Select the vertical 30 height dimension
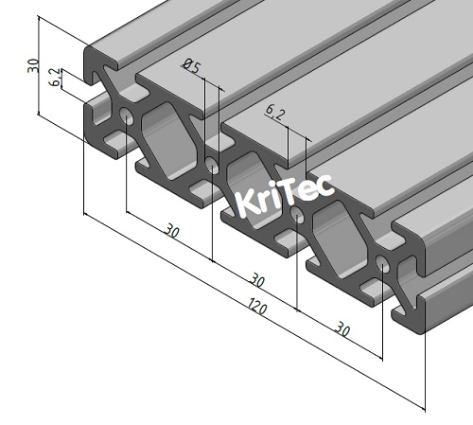[x=34, y=66]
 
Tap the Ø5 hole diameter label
[x=191, y=65]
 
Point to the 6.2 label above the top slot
[x=275, y=114]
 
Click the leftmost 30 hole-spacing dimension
[x=171, y=230]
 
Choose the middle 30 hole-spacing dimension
[x=256, y=279]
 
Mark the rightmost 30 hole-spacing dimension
[x=342, y=328]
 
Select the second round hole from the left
[x=212, y=167]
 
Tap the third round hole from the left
[x=298, y=217]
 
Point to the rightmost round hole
[x=382, y=264]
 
